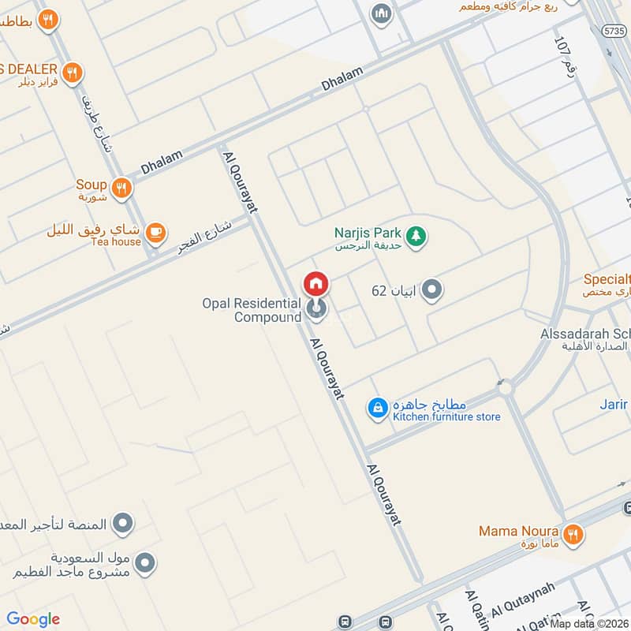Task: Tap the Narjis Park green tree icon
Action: point(416,234)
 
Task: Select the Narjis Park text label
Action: point(368,233)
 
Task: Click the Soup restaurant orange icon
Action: point(121,188)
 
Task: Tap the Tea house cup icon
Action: point(156,231)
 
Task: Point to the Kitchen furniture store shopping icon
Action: point(378,408)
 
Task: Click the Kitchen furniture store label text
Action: point(446,416)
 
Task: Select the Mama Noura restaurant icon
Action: point(573,533)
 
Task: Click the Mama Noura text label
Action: point(519,532)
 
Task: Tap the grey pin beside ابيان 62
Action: point(431,290)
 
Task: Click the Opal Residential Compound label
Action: point(252,310)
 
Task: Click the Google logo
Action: point(33,619)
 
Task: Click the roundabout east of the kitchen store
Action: point(504,388)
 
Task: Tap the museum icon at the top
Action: point(382,13)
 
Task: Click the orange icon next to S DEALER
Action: point(72,73)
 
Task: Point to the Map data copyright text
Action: point(589,624)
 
